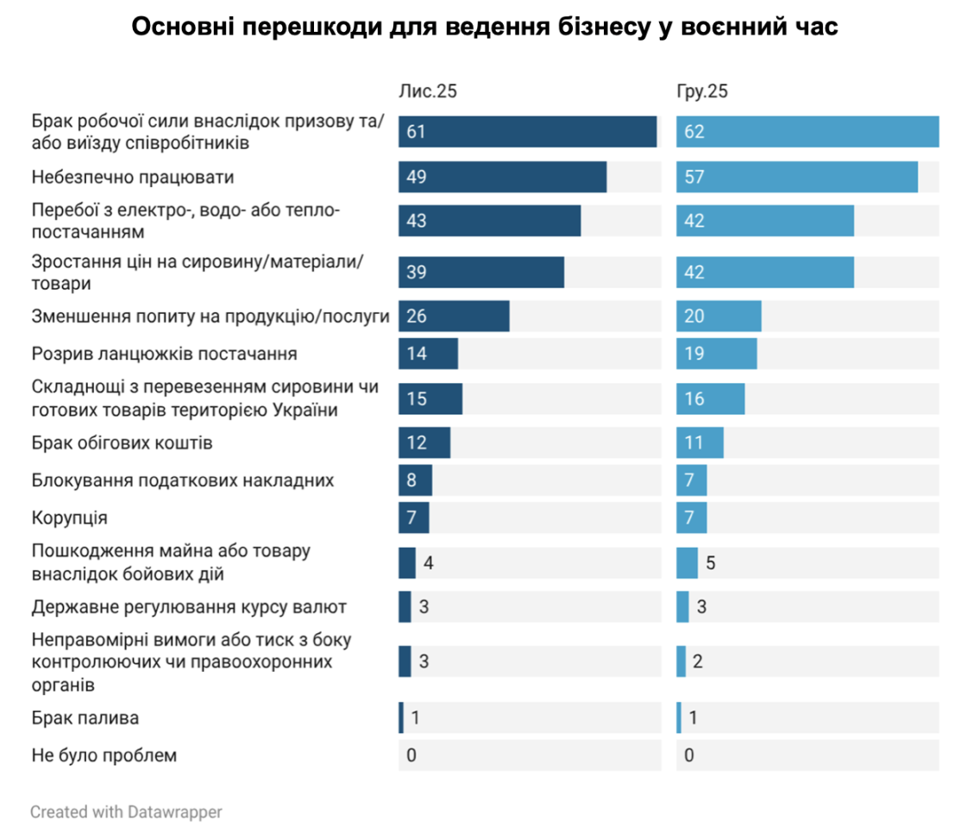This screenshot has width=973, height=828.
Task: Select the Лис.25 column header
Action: point(427,92)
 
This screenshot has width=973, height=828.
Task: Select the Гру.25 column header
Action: point(702,92)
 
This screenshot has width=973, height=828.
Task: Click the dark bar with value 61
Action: point(527,132)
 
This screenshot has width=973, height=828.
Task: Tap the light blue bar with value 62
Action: point(807,132)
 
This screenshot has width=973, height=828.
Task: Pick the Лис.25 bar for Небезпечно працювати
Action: point(502,177)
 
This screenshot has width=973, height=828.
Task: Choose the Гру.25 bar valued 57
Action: point(796,177)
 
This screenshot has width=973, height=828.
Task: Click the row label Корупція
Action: point(69,517)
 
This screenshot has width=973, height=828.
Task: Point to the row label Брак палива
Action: point(85,718)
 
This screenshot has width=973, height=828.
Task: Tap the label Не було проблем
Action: point(104,756)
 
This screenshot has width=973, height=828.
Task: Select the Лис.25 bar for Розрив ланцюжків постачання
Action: point(428,354)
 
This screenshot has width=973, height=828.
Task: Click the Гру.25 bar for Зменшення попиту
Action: point(719,317)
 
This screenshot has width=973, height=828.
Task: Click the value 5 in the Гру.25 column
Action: point(710,562)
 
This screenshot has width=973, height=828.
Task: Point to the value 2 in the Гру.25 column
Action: point(697,662)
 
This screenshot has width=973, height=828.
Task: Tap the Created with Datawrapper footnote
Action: point(126,812)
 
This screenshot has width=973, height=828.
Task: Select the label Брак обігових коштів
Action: point(122,443)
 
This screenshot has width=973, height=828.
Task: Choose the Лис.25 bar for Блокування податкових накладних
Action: point(415,480)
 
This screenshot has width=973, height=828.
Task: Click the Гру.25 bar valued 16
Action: point(710,398)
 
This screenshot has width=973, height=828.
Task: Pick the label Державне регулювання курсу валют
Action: point(189,606)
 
